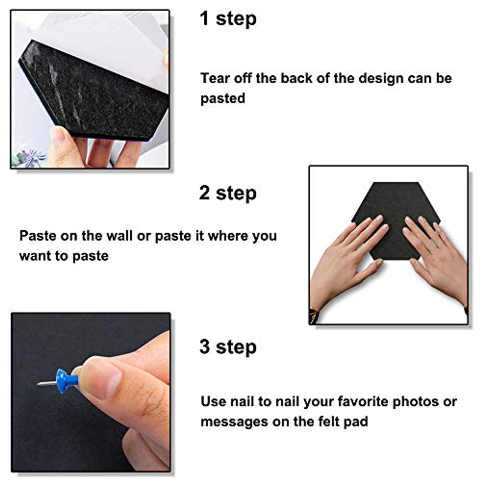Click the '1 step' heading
(x=228, y=19)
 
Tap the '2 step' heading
(x=228, y=193)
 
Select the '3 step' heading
(x=228, y=347)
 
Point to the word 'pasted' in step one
(x=223, y=99)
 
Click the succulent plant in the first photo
(x=30, y=157)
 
